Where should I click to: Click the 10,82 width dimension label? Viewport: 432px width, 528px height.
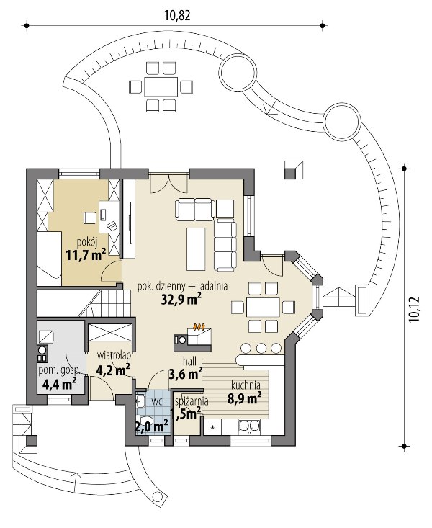177,16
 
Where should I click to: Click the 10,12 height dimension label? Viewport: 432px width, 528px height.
413,309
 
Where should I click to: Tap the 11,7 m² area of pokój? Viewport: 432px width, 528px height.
86,255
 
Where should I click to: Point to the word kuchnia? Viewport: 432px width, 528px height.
246,385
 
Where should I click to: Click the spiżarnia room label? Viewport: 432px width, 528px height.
192,401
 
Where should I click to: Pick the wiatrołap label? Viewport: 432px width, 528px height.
114,356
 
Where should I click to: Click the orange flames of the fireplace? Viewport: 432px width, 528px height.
199,326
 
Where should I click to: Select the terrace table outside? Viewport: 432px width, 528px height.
161,87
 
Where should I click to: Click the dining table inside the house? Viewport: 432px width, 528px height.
263,307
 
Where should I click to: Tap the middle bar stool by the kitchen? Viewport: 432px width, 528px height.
261,348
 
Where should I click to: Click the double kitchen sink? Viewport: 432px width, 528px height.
249,426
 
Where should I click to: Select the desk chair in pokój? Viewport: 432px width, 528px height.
89,218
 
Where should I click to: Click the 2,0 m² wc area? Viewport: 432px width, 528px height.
151,427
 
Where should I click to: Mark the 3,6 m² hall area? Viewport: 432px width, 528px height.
186,373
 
